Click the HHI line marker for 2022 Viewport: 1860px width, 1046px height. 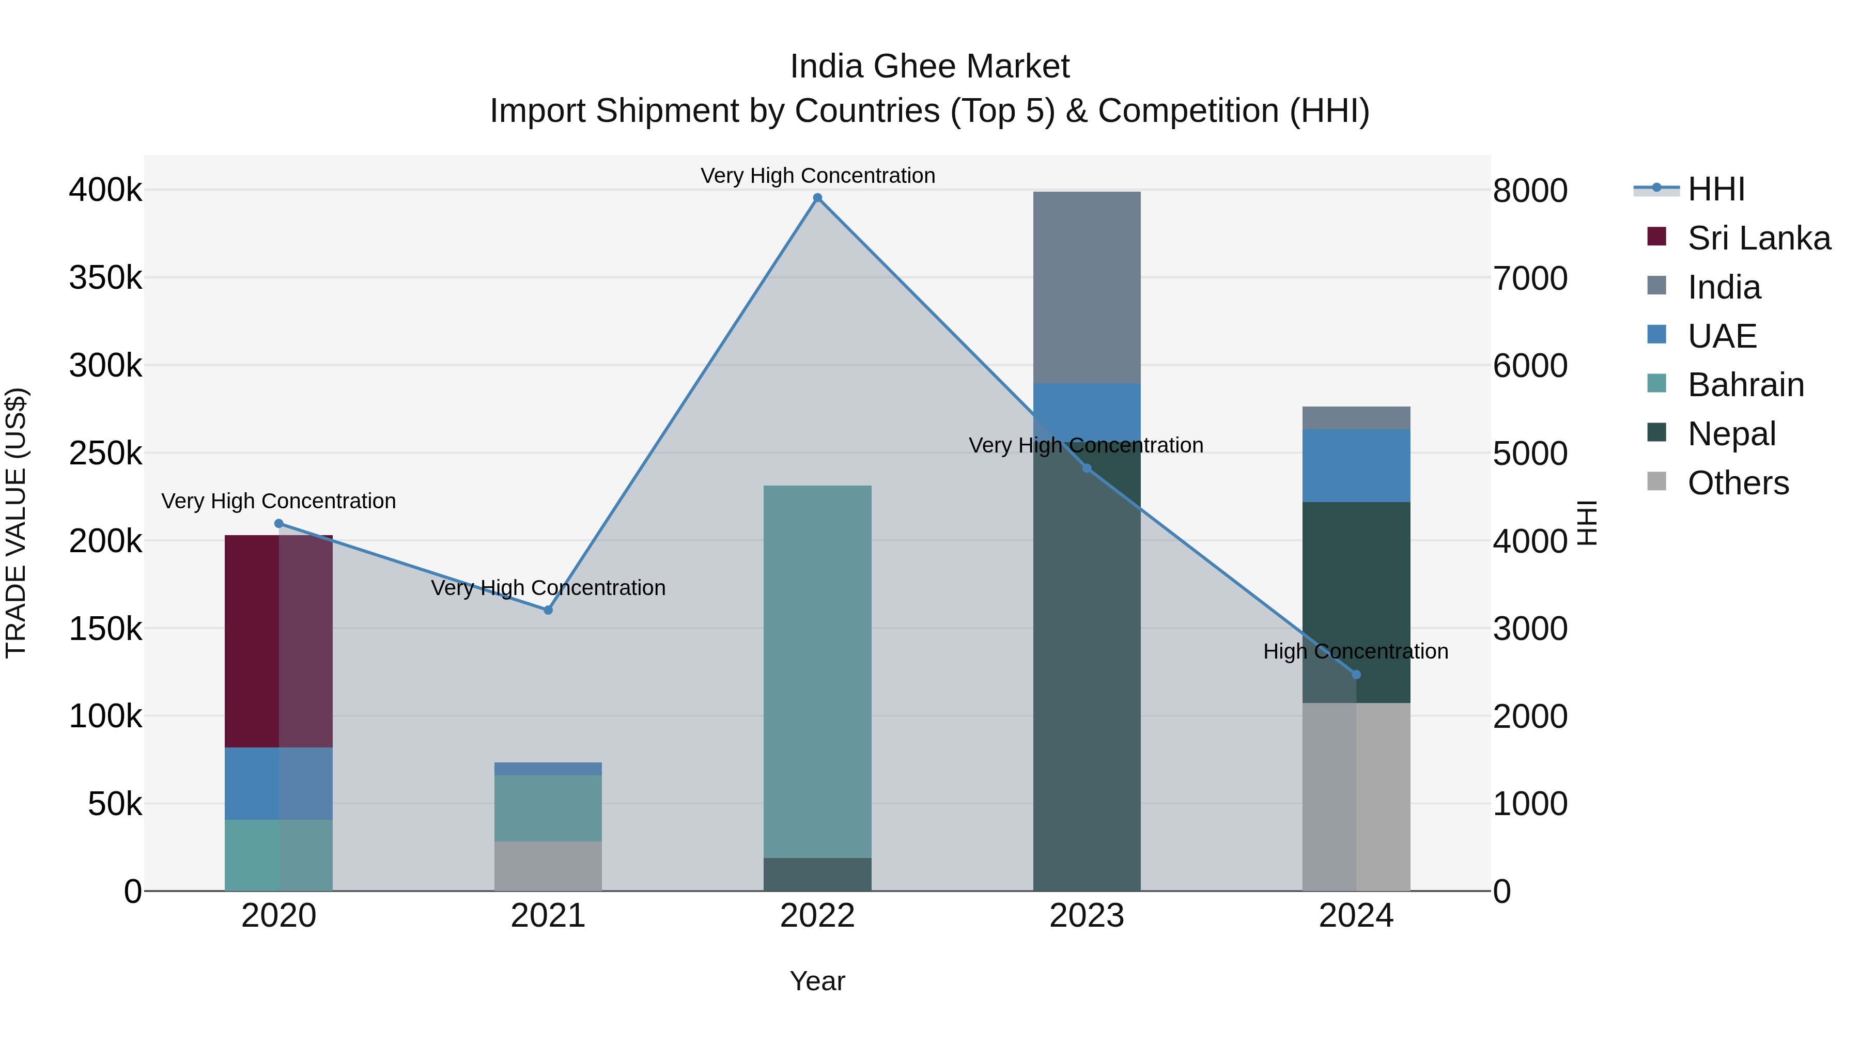click(x=817, y=198)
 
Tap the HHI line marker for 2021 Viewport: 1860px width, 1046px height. click(x=548, y=610)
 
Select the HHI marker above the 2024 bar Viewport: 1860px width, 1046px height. click(x=1356, y=674)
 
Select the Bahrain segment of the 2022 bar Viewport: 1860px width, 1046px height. click(x=817, y=672)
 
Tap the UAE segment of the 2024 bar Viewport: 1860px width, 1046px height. click(x=1356, y=465)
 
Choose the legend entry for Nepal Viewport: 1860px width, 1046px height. click(x=1731, y=434)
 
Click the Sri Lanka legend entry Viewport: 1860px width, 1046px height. click(x=1758, y=238)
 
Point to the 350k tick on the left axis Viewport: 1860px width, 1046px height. click(x=105, y=278)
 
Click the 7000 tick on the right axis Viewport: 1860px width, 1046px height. click(x=1530, y=278)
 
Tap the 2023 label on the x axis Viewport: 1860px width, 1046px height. click(x=1087, y=916)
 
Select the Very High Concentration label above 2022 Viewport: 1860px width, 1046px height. click(x=817, y=176)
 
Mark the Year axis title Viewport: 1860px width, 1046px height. click(x=817, y=981)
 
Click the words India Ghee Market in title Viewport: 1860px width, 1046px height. click(x=929, y=67)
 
